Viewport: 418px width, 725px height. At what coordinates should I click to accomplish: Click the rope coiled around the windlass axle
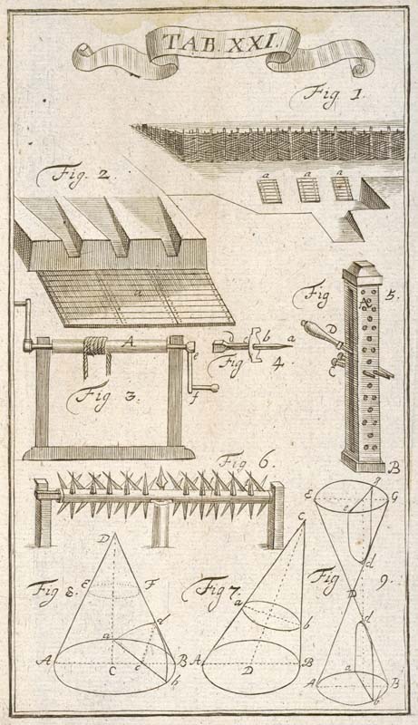97,353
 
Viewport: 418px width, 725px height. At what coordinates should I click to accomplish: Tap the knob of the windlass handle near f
214,388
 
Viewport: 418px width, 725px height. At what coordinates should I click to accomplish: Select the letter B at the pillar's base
394,469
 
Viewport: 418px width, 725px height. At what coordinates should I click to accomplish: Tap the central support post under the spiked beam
160,525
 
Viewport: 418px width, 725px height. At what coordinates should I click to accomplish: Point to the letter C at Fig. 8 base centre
112,672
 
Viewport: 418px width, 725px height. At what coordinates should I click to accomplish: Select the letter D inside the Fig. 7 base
248,671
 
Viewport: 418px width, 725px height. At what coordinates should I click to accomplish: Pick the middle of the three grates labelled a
308,190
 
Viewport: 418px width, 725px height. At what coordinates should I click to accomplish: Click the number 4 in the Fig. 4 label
277,365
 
